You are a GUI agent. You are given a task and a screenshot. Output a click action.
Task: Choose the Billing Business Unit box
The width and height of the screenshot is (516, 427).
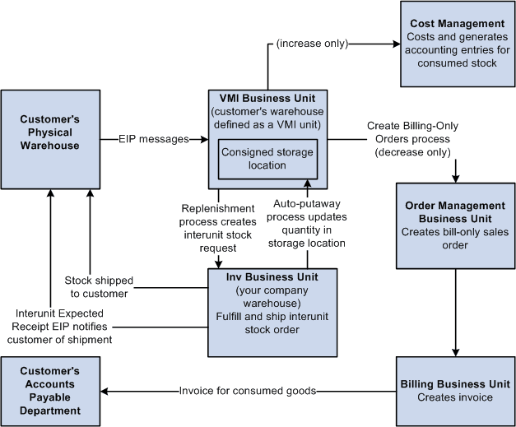tap(455, 391)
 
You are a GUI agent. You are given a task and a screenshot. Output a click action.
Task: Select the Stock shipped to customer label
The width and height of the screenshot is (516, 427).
tap(96, 287)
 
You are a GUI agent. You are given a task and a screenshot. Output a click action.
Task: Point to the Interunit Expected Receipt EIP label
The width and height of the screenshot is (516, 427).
tap(63, 327)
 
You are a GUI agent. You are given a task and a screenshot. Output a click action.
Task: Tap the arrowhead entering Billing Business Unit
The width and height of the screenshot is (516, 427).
tap(455, 351)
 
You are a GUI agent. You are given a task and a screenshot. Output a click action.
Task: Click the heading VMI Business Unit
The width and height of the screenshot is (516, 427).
tap(267, 100)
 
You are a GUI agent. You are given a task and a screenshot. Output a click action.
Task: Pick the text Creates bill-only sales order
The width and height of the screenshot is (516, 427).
tap(455, 239)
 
